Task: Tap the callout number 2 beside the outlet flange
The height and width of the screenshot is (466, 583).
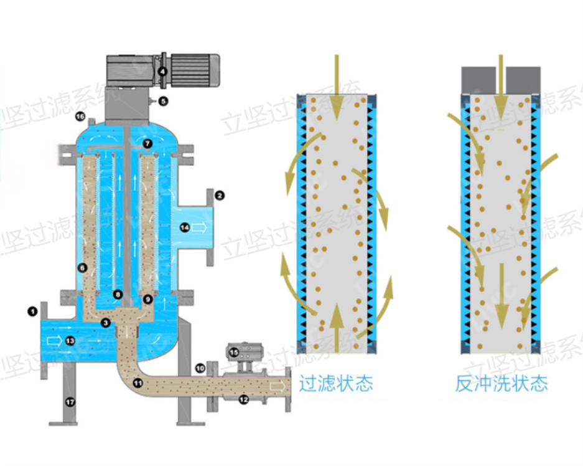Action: pyautogui.click(x=219, y=195)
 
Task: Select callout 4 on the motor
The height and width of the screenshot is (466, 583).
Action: pyautogui.click(x=162, y=72)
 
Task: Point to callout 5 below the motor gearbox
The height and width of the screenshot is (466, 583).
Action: pyautogui.click(x=163, y=100)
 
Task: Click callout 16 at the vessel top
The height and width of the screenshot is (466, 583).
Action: pyautogui.click(x=80, y=117)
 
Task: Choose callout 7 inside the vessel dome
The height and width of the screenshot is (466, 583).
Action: pyautogui.click(x=147, y=143)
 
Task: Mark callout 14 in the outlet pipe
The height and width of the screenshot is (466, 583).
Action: pyautogui.click(x=185, y=228)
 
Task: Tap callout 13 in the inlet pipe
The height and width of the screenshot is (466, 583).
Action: pyautogui.click(x=70, y=341)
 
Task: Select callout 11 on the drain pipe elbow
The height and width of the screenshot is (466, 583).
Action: pyautogui.click(x=137, y=383)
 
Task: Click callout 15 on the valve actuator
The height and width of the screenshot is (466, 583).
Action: pyautogui.click(x=234, y=353)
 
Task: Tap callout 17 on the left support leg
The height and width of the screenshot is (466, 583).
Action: pyautogui.click(x=70, y=402)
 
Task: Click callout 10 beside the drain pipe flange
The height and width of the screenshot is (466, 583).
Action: pyautogui.click(x=200, y=368)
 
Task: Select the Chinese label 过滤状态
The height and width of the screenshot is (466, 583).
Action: pyautogui.click(x=336, y=383)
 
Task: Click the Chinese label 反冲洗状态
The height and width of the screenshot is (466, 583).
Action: pyautogui.click(x=501, y=383)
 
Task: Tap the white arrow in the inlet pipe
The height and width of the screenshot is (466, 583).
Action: pyautogui.click(x=55, y=341)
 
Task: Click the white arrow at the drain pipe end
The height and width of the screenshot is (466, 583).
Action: pyautogui.click(x=276, y=386)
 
